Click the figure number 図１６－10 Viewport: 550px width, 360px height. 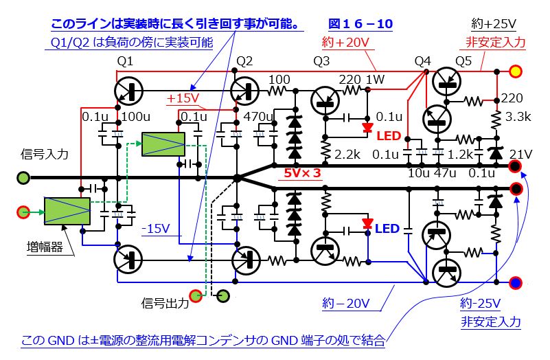[x=360, y=24]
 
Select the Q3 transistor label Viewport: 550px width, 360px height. [x=321, y=62]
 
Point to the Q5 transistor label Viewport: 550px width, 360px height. [x=463, y=62]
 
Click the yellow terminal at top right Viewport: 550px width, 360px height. [x=514, y=70]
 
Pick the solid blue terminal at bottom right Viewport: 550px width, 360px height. [x=514, y=281]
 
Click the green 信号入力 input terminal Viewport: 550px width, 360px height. [x=23, y=177]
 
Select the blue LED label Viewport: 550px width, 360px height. [x=387, y=228]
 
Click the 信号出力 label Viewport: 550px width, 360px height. [x=165, y=302]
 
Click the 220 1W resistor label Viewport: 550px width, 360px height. [x=361, y=79]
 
